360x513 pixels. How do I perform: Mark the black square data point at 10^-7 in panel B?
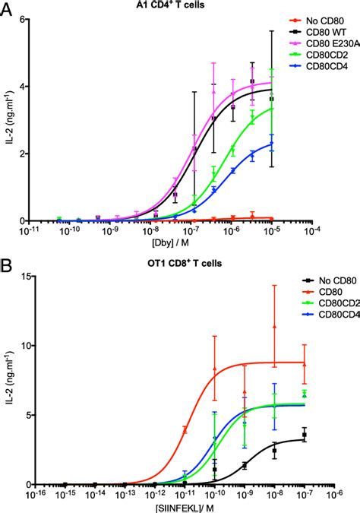point(304,436)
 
